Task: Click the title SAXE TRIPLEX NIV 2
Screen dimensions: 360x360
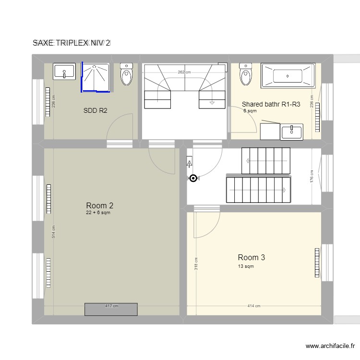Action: [x=72, y=43]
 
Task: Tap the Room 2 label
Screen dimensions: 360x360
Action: [x=100, y=206]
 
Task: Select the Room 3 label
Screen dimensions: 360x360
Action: [x=251, y=258]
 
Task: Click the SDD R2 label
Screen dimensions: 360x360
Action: [x=95, y=111]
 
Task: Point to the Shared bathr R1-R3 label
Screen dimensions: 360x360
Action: [x=271, y=104]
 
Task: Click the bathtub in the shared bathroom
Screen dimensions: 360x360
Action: [x=288, y=75]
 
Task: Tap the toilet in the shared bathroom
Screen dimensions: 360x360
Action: [x=246, y=74]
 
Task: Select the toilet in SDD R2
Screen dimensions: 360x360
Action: [x=127, y=74]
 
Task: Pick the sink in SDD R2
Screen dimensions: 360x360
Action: [x=64, y=72]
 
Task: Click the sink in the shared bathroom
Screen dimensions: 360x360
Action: [x=291, y=131]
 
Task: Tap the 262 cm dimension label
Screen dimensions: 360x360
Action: [x=184, y=72]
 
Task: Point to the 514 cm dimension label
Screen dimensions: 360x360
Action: [x=54, y=232]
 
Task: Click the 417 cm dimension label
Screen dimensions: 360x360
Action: [x=111, y=306]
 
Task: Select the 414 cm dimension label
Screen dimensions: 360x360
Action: [x=254, y=306]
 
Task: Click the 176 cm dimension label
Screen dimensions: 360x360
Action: [x=312, y=177]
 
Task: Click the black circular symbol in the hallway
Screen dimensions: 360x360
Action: [x=193, y=179]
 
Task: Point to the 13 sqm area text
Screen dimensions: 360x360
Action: [x=246, y=266]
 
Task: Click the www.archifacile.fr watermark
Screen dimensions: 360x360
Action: [x=329, y=346]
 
